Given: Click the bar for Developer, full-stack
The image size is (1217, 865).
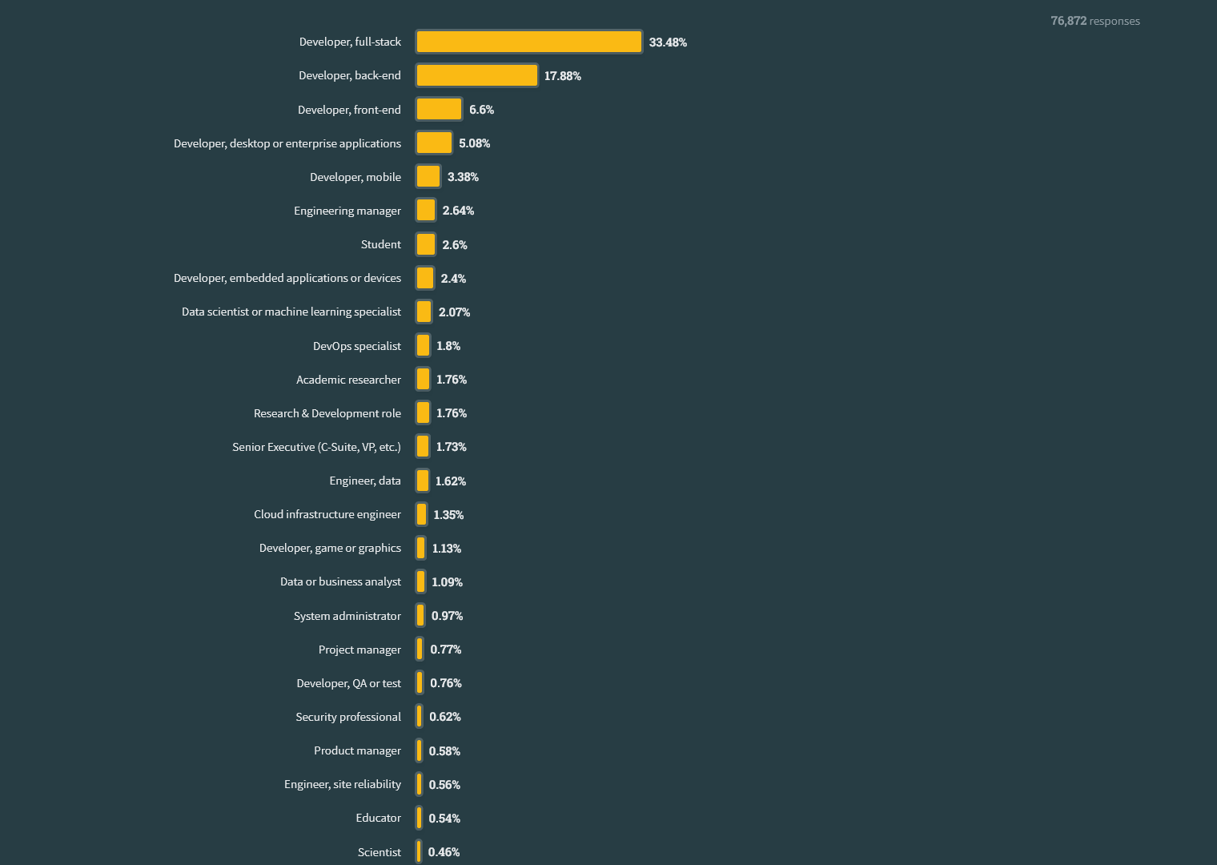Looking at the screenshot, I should [x=528, y=42].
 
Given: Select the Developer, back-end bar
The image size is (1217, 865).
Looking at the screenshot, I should [x=476, y=75].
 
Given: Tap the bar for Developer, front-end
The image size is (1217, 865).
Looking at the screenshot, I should [x=439, y=109].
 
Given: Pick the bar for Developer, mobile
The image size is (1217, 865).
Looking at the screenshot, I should [x=428, y=176].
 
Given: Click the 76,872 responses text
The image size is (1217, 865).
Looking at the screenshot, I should [x=1094, y=21].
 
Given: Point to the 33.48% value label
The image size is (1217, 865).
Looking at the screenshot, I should [x=668, y=42].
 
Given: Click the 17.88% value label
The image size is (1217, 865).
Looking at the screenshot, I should [x=563, y=76].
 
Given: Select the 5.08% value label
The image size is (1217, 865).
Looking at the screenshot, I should [x=474, y=143].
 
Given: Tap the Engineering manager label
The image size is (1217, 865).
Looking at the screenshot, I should [x=347, y=211].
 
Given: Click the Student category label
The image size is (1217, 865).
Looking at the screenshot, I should [x=381, y=244].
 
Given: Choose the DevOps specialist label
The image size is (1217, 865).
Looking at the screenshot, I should [x=357, y=346].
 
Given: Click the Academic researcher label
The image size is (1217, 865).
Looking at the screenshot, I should [x=348, y=380].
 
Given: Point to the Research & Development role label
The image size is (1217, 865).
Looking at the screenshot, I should [x=327, y=413].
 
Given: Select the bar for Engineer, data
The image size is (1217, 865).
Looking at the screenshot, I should [x=423, y=481].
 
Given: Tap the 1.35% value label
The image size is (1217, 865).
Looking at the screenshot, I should [x=448, y=515].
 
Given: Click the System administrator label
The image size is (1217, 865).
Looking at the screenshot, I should [x=347, y=616].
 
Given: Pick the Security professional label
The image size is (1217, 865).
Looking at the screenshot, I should [x=348, y=717].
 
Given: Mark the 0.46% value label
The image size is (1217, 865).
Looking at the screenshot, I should [x=444, y=852].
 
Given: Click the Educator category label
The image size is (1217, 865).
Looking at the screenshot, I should [x=379, y=818].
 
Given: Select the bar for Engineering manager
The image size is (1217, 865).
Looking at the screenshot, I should [x=426, y=210].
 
